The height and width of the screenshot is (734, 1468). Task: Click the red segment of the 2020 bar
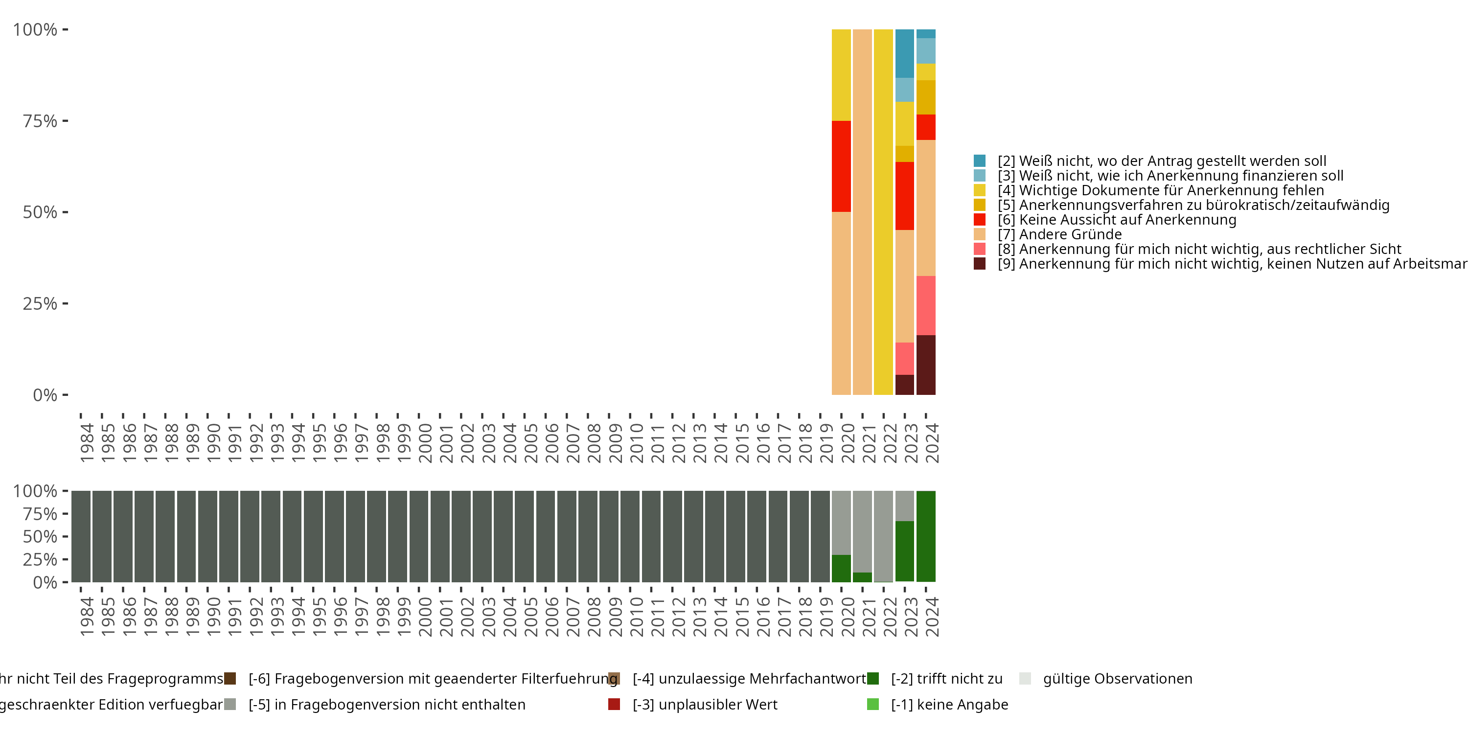click(x=841, y=166)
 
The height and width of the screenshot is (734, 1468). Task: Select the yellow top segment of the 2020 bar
click(x=841, y=75)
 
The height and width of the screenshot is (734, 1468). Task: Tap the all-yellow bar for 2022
click(x=883, y=212)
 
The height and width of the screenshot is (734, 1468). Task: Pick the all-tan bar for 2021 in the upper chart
click(x=862, y=212)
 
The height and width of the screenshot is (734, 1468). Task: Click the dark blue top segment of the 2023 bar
click(x=904, y=53)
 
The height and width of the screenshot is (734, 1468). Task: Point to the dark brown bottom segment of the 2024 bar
click(x=925, y=365)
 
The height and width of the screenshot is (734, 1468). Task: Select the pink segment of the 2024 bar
click(x=925, y=305)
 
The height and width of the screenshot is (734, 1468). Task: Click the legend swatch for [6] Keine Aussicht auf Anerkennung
click(x=980, y=219)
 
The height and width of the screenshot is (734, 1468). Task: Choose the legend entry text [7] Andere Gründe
click(x=1059, y=234)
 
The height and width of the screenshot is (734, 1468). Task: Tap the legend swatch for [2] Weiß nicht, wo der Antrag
click(x=980, y=161)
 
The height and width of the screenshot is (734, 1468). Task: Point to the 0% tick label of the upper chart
click(x=45, y=395)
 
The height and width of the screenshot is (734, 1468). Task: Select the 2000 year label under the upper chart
click(x=425, y=443)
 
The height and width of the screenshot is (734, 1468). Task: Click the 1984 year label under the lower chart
click(x=87, y=617)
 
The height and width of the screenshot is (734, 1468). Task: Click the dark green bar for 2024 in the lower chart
click(x=925, y=536)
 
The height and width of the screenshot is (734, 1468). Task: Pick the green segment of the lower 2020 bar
click(x=841, y=568)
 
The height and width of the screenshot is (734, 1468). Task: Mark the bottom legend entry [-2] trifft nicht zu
click(x=946, y=679)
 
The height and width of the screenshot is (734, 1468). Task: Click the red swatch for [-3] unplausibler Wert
click(x=614, y=704)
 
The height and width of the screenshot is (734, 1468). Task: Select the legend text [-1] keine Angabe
click(x=949, y=704)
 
